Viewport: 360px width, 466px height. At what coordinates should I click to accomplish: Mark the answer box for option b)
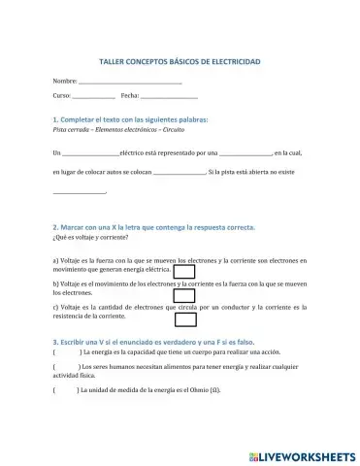182,296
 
